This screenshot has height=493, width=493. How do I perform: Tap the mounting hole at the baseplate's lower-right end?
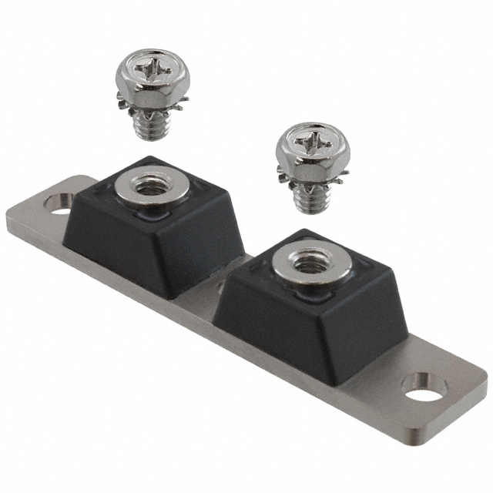click(422, 387)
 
